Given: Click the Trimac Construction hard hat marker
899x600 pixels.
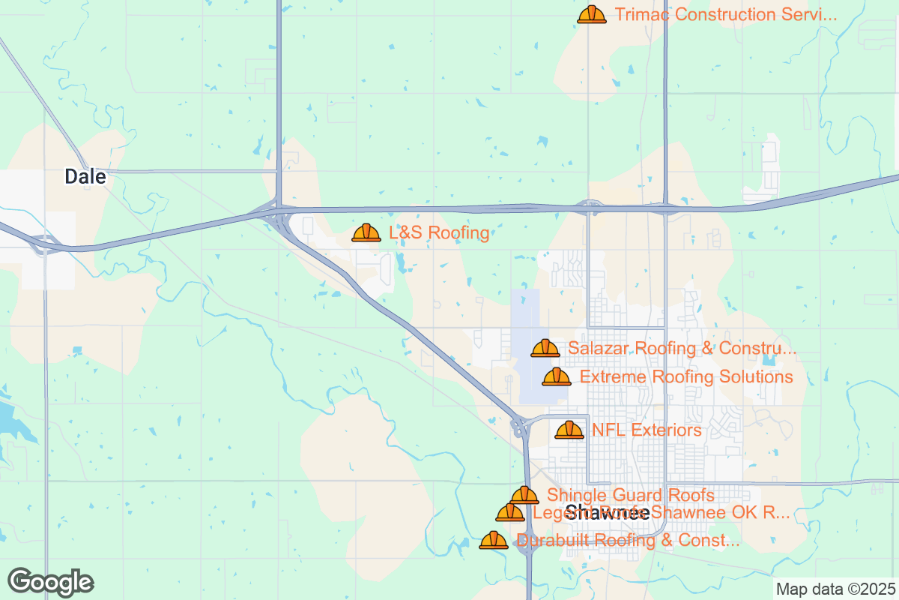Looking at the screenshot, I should click(x=592, y=15).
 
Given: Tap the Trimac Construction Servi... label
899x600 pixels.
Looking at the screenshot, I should click(x=725, y=15).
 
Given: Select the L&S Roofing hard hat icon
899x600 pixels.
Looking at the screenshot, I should click(x=366, y=233).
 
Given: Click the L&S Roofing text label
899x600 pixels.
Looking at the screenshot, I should click(x=439, y=233).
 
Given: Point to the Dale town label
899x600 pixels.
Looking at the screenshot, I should click(x=85, y=177).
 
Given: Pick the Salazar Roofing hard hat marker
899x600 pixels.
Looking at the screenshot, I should click(x=545, y=349).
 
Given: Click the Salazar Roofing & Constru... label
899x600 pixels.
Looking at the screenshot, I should click(x=682, y=349).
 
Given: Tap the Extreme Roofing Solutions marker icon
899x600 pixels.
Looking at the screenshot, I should click(x=557, y=377).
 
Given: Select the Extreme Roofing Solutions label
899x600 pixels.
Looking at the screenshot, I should click(x=686, y=376).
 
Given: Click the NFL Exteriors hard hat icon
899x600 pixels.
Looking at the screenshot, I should click(x=569, y=430).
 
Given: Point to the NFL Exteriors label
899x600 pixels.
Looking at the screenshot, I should click(x=647, y=430).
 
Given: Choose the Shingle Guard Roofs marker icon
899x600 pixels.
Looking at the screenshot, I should click(x=524, y=496).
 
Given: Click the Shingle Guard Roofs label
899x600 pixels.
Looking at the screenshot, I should click(x=630, y=495).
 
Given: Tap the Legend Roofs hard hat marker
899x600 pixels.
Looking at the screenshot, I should click(x=510, y=514).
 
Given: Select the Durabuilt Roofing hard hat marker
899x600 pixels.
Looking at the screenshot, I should click(x=494, y=541).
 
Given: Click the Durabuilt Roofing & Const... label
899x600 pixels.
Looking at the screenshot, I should click(x=629, y=540).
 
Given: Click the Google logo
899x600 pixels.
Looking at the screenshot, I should click(x=51, y=582).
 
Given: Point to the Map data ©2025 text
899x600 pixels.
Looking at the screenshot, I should click(x=835, y=589).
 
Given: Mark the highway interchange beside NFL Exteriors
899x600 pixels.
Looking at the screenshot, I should click(x=520, y=427).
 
